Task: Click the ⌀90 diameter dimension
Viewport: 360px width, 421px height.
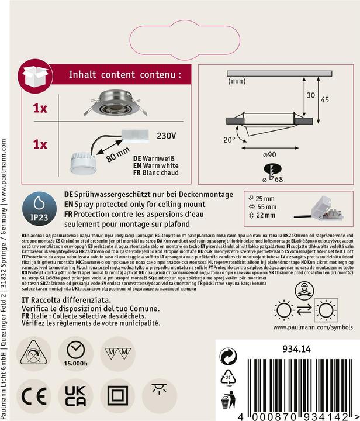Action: (x=270, y=154)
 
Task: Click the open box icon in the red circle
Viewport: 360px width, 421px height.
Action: (x=36, y=79)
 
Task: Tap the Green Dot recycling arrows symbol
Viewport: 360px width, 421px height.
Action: (x=227, y=357)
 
